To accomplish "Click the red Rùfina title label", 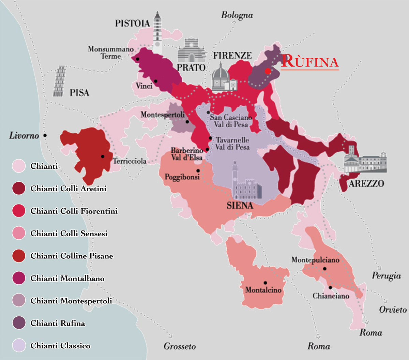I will (x=310, y=61).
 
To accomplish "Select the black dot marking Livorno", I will (x=45, y=135).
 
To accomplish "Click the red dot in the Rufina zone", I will (x=268, y=71).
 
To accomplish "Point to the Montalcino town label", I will (x=263, y=290).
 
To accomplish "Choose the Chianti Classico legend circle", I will (x=19, y=345).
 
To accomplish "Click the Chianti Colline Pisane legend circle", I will (x=19, y=256).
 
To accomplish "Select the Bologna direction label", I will (x=237, y=15).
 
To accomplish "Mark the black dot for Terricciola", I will (x=103, y=156).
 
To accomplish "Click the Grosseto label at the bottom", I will (x=180, y=346).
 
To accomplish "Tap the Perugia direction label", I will (x=386, y=275).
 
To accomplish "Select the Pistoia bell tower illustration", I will (x=157, y=32).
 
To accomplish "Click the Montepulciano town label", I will (x=315, y=260).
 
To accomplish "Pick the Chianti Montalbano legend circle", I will (x=19, y=278).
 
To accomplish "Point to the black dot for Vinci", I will (x=155, y=81).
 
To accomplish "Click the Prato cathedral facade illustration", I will (x=192, y=50).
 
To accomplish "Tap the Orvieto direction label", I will (x=393, y=310).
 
